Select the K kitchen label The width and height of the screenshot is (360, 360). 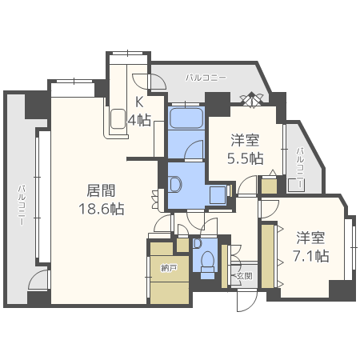pos(138,102)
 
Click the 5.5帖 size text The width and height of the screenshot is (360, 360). pos(245,158)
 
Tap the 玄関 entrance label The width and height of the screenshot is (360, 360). pos(244,275)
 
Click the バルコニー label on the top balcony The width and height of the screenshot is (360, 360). pos(206,78)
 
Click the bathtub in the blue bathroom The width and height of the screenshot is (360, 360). pos(186,122)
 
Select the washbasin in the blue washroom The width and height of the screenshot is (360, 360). pos(175,183)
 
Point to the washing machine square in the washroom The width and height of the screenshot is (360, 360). pos(215,194)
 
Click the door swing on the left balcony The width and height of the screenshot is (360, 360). pos(38,280)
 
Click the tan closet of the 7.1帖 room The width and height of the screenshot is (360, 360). pos(267,257)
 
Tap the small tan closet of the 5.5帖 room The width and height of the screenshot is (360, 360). pos(269,186)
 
